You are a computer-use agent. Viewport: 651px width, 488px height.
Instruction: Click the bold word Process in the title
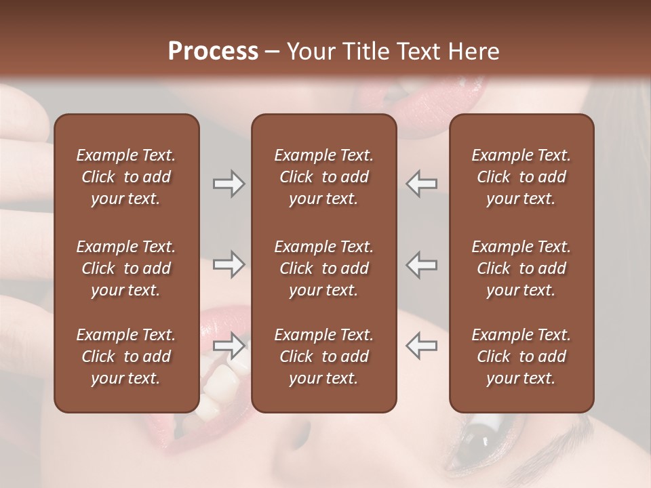(x=213, y=51)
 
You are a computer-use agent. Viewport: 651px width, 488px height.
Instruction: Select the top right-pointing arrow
(x=229, y=183)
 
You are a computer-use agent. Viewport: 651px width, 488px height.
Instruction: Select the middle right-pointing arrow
(x=229, y=264)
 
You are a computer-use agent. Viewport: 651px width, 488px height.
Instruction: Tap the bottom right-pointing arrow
(x=229, y=346)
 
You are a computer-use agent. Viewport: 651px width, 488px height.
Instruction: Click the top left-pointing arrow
(x=421, y=183)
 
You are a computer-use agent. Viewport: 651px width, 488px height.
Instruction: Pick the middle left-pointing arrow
(x=421, y=264)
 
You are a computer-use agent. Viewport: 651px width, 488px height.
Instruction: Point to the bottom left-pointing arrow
(x=421, y=346)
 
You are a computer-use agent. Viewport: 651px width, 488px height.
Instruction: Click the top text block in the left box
(x=126, y=177)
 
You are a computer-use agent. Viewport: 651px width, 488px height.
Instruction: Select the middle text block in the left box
(x=126, y=268)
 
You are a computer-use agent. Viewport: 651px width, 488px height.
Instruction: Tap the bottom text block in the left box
(x=126, y=357)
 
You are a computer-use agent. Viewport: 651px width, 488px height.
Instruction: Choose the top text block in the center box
(x=324, y=177)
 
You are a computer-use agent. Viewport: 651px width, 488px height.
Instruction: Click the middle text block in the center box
(x=324, y=268)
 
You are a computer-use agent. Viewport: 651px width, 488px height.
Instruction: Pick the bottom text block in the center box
(x=324, y=357)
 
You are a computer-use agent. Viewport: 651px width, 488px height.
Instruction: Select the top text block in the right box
(x=521, y=177)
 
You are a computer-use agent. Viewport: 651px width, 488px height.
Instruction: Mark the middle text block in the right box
(x=521, y=268)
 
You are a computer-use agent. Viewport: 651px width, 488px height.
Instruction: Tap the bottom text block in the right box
(x=521, y=357)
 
